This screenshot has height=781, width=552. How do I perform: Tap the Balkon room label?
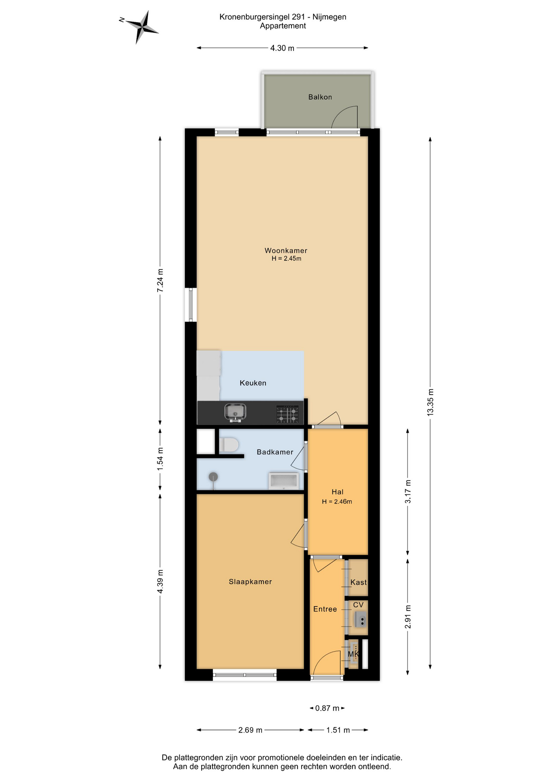[320, 97]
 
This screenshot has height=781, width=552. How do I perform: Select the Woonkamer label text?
[286, 251]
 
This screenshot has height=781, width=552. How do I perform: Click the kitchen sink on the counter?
[235, 412]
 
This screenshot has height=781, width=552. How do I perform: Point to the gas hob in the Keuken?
[287, 414]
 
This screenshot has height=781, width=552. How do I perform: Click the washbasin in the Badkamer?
[284, 481]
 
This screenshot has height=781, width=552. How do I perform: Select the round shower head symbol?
[213, 477]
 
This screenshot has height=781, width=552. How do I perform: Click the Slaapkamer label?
[250, 582]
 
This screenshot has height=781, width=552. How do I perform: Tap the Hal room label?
[337, 492]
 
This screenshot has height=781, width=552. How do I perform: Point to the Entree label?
[325, 609]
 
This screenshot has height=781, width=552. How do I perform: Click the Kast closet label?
[359, 582]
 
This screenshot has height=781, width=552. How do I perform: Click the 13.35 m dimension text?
[430, 402]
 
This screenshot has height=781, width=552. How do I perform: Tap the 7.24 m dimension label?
[160, 280]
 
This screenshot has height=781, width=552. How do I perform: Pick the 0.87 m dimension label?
[327, 708]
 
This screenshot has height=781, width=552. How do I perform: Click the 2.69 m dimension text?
[250, 730]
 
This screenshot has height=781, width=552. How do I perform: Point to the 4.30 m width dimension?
[282, 48]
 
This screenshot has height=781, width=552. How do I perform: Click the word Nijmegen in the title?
[329, 17]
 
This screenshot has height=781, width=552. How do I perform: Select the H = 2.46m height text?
[337, 502]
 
